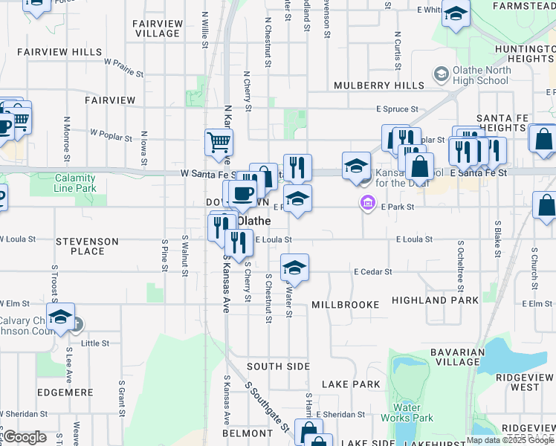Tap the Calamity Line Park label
click(x=74, y=183)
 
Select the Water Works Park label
click(x=413, y=413)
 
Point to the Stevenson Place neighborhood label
click(x=88, y=246)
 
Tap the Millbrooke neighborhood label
click(x=345, y=305)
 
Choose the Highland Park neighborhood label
click(x=445, y=300)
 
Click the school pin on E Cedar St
click(x=294, y=268)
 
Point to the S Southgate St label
click(x=267, y=408)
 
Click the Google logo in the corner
click(x=25, y=437)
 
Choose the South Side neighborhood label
click(x=278, y=366)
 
